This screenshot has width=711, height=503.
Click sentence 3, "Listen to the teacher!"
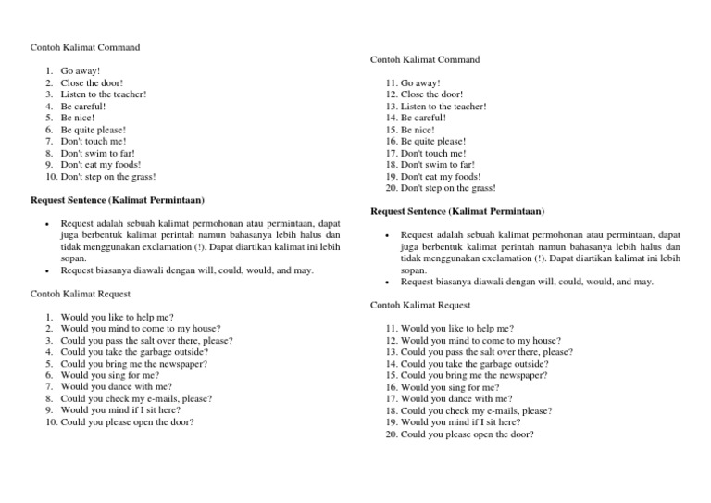click(x=103, y=94)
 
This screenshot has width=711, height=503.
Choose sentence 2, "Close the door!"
click(x=92, y=82)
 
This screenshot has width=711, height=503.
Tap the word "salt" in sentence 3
click(x=143, y=341)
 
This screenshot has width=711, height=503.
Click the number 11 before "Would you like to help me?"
click(x=392, y=329)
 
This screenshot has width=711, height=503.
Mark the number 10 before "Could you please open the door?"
click(x=52, y=422)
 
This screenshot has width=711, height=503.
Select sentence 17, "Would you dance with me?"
click(x=456, y=399)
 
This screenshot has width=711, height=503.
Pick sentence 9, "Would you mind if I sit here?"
click(x=121, y=410)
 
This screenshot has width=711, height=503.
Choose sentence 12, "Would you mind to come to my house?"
click(x=480, y=341)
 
